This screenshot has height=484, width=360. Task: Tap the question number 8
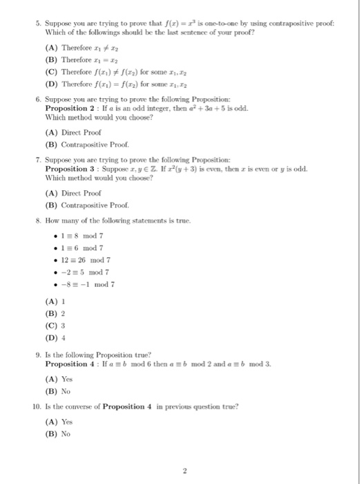[x=40, y=221]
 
